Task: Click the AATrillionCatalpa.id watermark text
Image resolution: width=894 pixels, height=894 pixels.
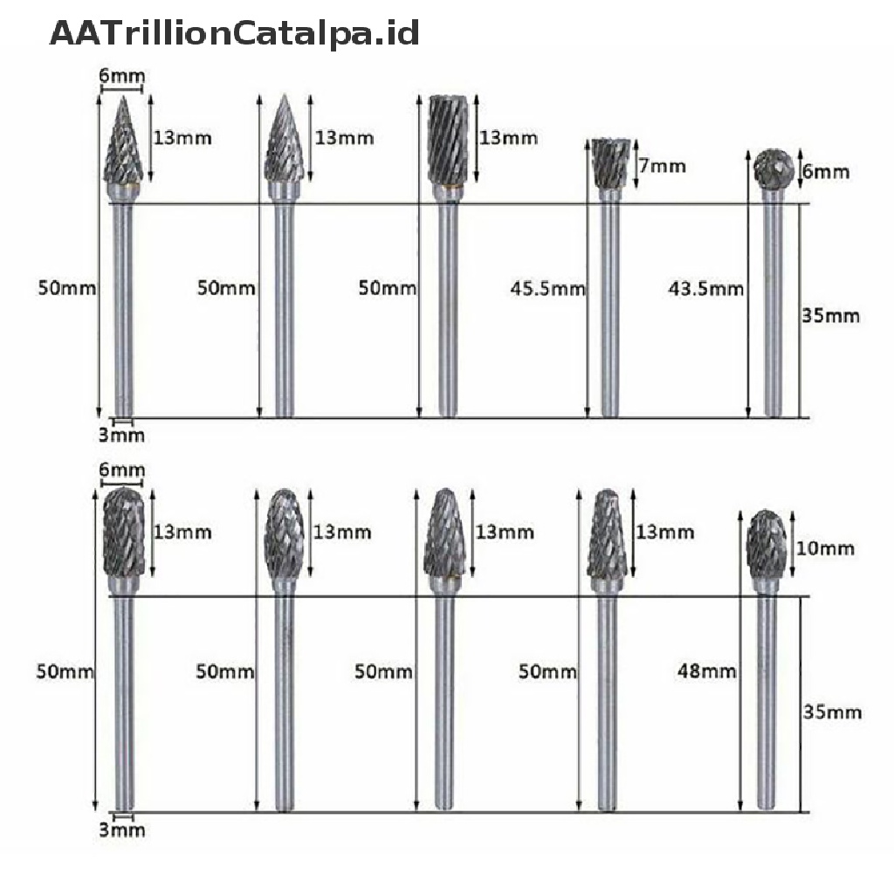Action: (x=234, y=33)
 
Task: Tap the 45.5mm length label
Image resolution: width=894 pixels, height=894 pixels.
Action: (x=548, y=289)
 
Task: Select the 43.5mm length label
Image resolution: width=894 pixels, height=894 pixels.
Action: (x=705, y=289)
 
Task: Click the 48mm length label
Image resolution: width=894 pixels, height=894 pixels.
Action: (x=707, y=671)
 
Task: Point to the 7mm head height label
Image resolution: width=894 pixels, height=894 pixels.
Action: (x=662, y=166)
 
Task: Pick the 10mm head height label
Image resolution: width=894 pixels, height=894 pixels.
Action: (x=825, y=548)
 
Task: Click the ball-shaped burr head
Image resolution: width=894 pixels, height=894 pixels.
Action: (x=774, y=168)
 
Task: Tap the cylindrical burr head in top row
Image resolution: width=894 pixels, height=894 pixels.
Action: (x=448, y=141)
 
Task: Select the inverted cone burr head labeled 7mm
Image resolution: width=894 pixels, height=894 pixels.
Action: (x=610, y=163)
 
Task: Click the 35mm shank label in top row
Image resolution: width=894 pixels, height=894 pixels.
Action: (x=831, y=315)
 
